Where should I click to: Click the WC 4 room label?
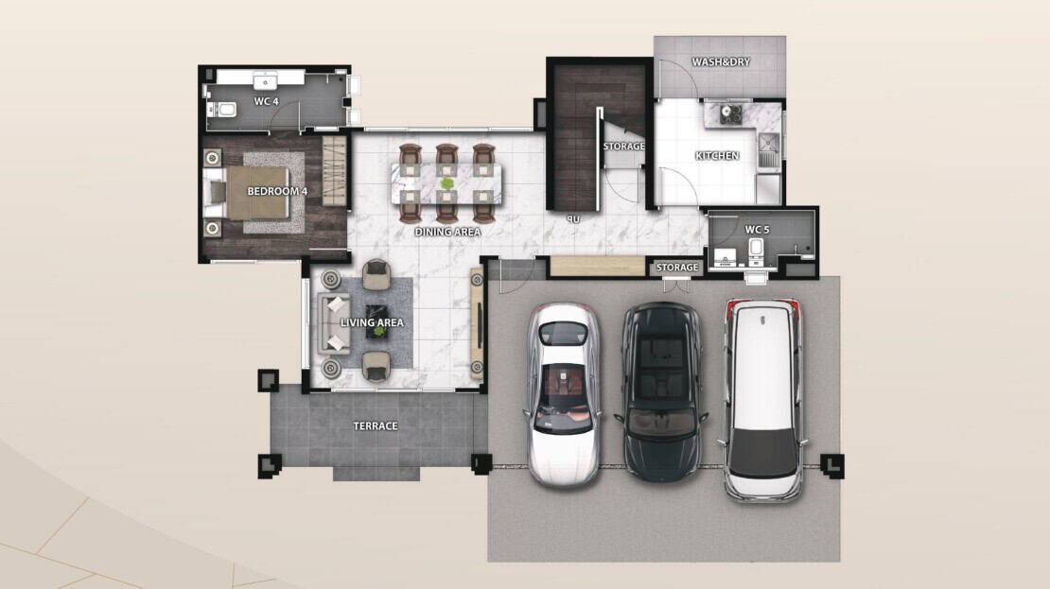coord(266,102)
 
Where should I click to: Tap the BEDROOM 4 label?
coord(277,191)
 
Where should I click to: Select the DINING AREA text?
coord(447,233)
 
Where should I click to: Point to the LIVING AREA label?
coord(372,322)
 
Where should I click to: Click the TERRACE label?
coord(375,425)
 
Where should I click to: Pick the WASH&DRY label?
coord(721,62)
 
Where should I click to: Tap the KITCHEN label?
coord(717,156)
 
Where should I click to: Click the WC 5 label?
coord(757,230)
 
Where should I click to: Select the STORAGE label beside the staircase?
coord(623,147)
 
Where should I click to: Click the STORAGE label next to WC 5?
coord(677,268)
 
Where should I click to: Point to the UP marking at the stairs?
coord(573,219)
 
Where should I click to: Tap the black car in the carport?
coord(661,391)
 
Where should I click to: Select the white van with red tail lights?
coord(762,400)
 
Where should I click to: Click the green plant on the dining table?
coord(446,182)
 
